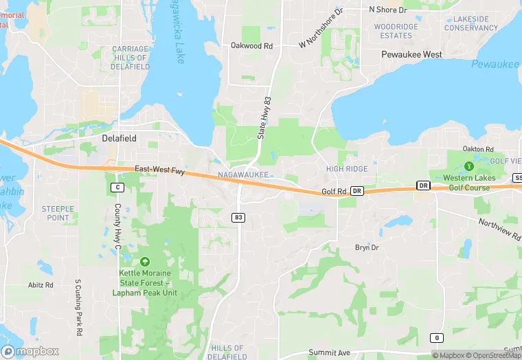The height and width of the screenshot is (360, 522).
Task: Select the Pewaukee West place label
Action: pyautogui.click(x=412, y=54)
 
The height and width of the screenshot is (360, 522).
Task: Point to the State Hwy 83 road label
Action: pyautogui.click(x=266, y=117)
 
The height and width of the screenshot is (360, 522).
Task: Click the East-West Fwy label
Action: pyautogui.click(x=159, y=169)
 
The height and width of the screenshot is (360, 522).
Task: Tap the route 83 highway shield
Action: pyautogui.click(x=238, y=217)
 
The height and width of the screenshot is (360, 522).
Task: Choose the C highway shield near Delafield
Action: pyautogui.click(x=117, y=187)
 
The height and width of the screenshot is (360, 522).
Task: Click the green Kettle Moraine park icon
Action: pyautogui.click(x=144, y=261)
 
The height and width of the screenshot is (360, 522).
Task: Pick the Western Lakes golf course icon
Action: pyautogui.click(x=469, y=166)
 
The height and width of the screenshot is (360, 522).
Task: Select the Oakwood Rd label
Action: pyautogui.click(x=251, y=46)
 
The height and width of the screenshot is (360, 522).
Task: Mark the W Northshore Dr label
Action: pyautogui.click(x=320, y=29)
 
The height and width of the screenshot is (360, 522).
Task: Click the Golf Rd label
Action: pyautogui.click(x=336, y=192)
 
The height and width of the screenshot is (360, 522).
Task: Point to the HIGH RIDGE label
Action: pyautogui.click(x=347, y=168)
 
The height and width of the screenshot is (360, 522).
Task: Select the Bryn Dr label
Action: pyautogui.click(x=366, y=247)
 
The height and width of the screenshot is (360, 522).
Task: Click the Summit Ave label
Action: pyautogui.click(x=329, y=352)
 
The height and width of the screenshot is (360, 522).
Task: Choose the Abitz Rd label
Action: pyautogui.click(x=41, y=284)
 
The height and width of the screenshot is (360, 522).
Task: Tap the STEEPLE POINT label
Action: pyautogui.click(x=58, y=213)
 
